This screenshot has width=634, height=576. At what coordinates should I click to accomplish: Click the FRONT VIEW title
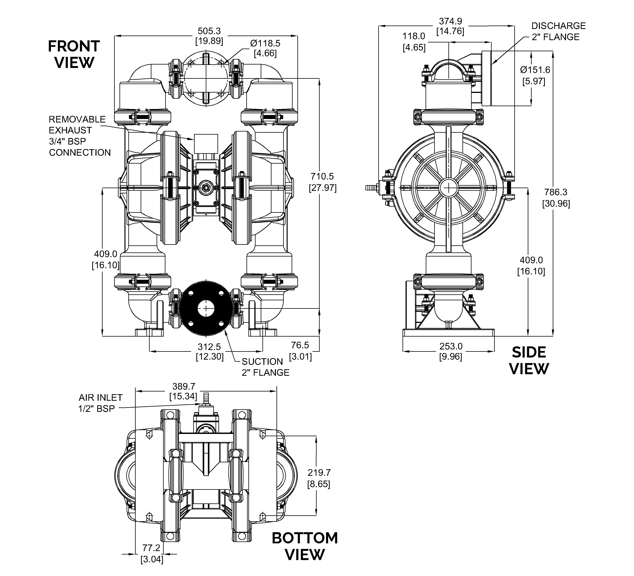[x=74, y=54]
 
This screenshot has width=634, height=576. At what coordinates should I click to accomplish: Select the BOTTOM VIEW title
[x=305, y=546]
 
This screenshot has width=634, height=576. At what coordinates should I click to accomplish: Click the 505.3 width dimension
[x=209, y=36]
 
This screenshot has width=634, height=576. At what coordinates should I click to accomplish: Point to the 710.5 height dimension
[x=322, y=182]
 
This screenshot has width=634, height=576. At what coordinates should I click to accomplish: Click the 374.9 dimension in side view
[x=450, y=26]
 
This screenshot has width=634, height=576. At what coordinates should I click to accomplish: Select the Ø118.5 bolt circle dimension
[x=265, y=48]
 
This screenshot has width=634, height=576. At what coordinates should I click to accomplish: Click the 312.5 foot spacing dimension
[x=209, y=352]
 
